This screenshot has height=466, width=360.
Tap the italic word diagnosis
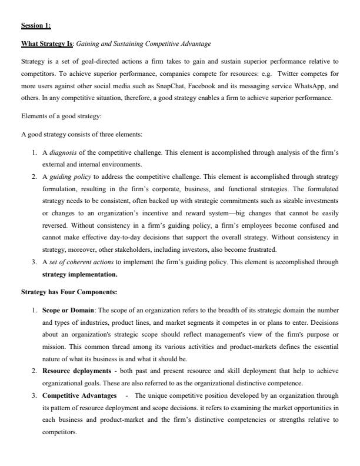(62, 151)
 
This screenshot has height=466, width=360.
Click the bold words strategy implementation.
(79, 274)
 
